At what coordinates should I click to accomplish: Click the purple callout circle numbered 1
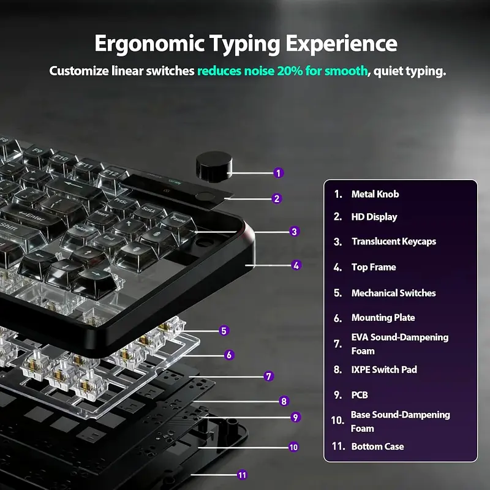coord(279,173)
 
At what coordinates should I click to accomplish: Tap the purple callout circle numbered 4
coord(296,265)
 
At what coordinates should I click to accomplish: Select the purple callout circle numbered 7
coord(268,376)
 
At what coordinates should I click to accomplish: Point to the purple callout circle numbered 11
coord(242,475)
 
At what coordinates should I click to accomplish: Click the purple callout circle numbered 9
coord(295,417)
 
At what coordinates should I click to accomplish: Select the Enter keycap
coord(31,219)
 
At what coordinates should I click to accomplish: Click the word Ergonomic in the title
coord(149,43)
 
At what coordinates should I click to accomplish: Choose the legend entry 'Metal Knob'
coord(375,194)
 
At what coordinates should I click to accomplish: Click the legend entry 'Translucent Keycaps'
coord(394,241)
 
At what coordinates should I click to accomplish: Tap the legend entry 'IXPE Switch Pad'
coord(384,370)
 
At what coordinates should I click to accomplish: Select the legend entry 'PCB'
coord(360,395)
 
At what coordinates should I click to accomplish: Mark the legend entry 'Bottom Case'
coord(377,447)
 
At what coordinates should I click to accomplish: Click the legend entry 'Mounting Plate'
coord(383,318)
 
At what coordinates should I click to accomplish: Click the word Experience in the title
coord(342,43)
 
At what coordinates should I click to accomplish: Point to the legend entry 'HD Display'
coord(374,217)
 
